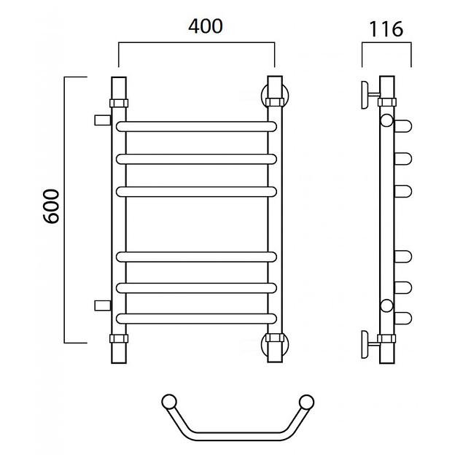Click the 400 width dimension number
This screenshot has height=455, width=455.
206,26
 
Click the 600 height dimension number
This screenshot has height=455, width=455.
51,206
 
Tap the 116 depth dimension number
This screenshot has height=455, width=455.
386,29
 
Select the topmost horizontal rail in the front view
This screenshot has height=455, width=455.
196,127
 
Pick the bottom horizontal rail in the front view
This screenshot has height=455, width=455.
196,319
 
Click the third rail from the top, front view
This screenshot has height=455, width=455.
196,192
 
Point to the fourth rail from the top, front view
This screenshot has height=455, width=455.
196,257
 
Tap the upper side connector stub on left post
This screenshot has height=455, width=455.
103,120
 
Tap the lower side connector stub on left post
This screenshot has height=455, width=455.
103,306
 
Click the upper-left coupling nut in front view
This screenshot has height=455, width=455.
119,103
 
